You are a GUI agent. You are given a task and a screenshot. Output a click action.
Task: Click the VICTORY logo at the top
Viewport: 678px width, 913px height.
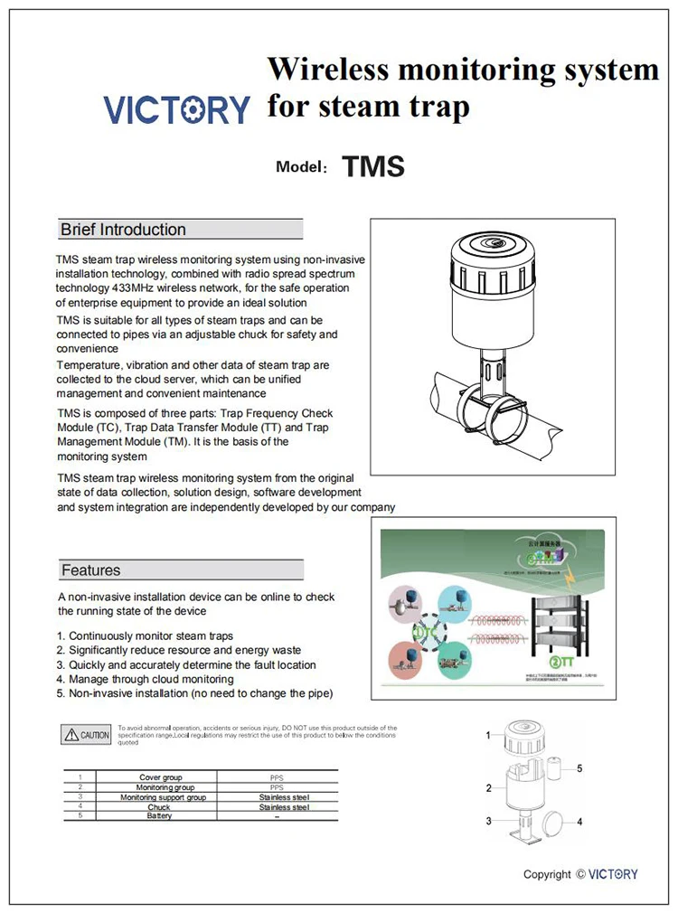click(176, 109)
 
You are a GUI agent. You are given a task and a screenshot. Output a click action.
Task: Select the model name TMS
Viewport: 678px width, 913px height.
click(372, 167)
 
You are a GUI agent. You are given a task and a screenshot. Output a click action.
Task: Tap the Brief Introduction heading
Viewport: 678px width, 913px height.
click(123, 230)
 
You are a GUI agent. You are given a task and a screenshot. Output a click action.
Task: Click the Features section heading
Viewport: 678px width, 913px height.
click(90, 570)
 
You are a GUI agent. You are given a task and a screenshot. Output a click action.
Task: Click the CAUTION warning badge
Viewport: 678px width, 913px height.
click(87, 735)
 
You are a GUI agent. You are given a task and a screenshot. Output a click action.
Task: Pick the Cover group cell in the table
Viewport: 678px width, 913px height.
click(160, 777)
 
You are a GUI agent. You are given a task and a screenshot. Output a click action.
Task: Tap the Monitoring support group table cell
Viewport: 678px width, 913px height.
click(163, 797)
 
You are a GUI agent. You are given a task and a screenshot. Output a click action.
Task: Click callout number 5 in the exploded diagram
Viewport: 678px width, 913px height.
click(579, 768)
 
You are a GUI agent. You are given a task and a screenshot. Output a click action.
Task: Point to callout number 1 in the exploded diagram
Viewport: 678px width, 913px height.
click(488, 735)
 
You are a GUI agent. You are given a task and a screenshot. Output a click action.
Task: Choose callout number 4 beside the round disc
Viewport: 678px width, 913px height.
click(579, 822)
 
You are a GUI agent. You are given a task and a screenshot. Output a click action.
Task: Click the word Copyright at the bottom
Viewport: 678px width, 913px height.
click(547, 874)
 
